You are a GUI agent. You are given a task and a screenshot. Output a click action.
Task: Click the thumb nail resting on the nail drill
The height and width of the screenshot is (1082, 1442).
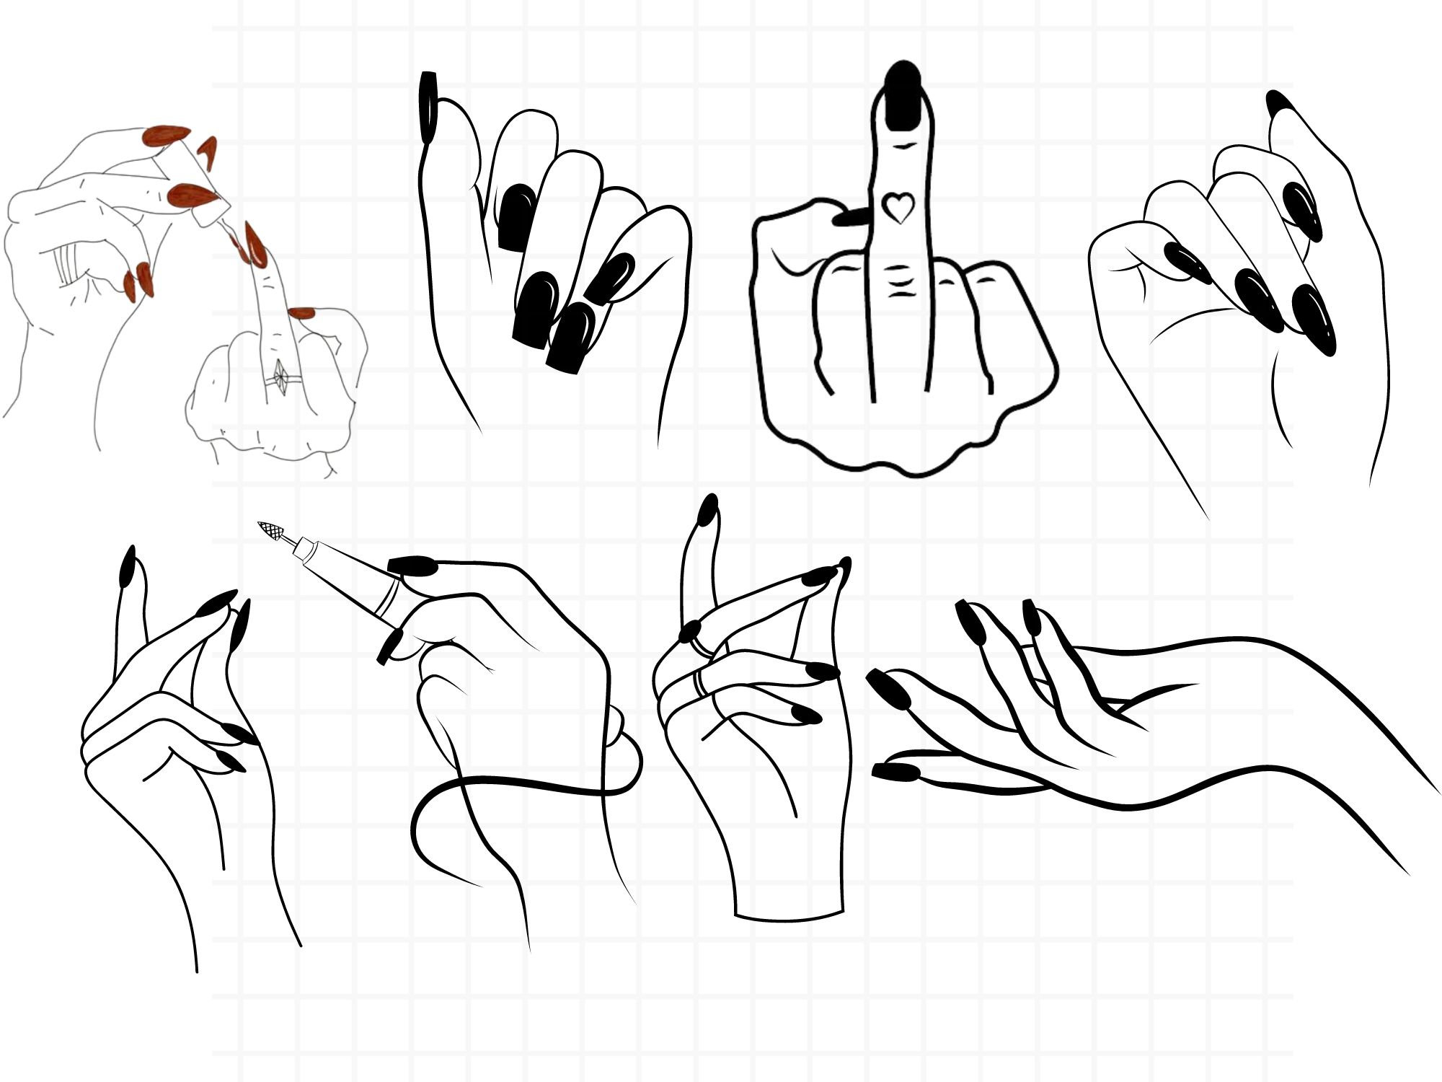(x=413, y=566)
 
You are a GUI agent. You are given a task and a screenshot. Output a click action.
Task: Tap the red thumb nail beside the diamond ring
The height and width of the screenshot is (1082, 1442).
(x=301, y=313)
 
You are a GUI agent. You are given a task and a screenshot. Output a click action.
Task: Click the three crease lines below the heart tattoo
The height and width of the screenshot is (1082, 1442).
(x=897, y=281)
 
